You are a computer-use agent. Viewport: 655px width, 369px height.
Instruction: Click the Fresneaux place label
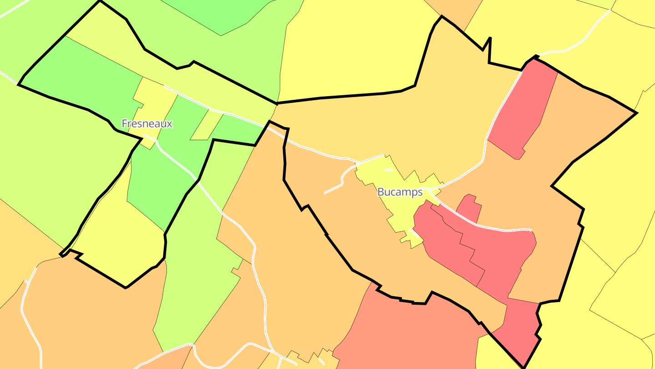pos(147,123)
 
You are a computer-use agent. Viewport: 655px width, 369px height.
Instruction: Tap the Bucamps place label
pos(400,192)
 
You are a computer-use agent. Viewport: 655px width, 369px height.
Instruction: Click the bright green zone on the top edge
pos(223,14)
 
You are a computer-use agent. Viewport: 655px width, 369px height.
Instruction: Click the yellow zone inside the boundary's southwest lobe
pos(118,241)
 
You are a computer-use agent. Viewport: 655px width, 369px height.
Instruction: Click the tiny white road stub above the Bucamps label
pos(388,170)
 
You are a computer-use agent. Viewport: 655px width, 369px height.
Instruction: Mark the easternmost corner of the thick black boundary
pos(636,113)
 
